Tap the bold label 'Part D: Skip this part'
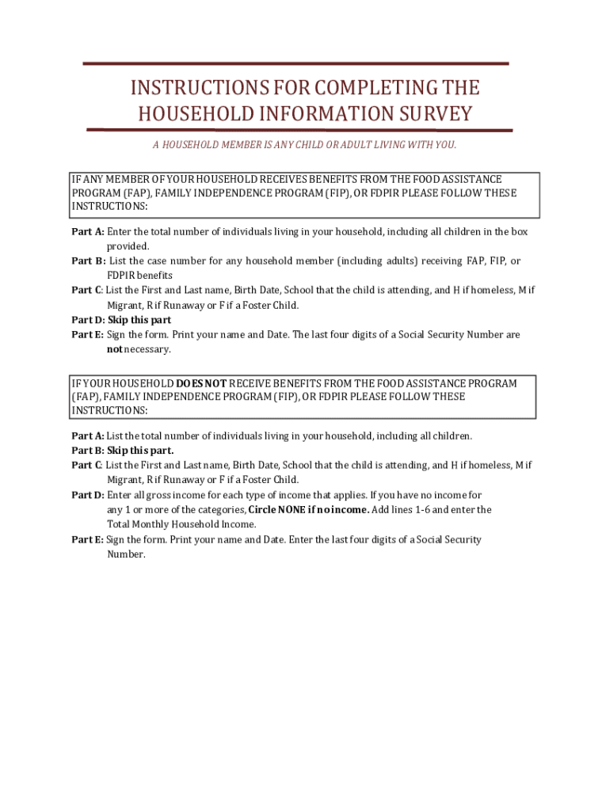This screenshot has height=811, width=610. [121, 320]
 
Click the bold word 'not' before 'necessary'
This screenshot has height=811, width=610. [114, 349]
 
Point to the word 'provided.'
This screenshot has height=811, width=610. [128, 246]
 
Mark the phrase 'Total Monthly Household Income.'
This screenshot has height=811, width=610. [181, 524]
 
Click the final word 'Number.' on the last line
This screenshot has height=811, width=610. [126, 554]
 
